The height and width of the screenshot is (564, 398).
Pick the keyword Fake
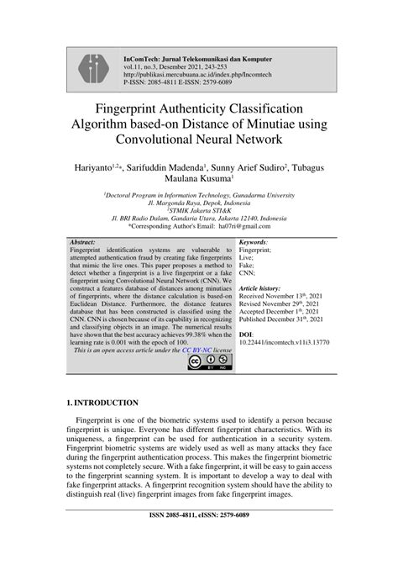pyautogui.click(x=249, y=264)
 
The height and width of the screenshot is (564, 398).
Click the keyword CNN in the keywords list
pyautogui.click(x=249, y=272)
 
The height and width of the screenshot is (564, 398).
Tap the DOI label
pyautogui.click(x=248, y=335)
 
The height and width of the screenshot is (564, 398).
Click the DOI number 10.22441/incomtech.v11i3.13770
pyautogui.click(x=285, y=343)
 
